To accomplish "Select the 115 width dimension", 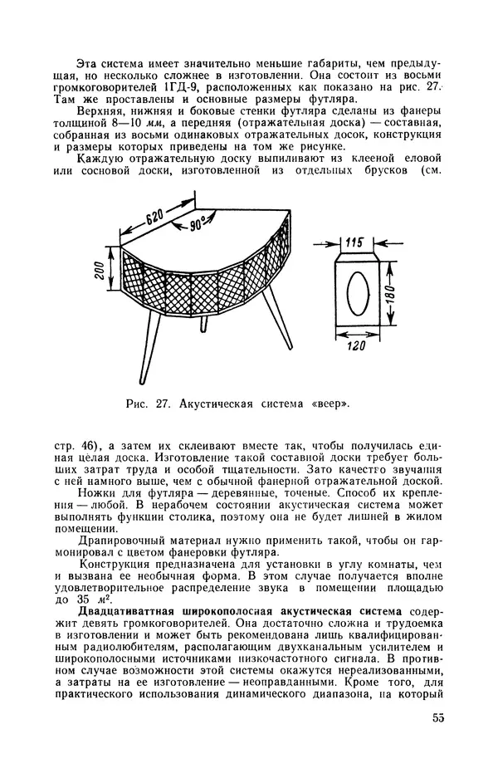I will point(354,242).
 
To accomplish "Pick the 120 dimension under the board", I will point(358,345).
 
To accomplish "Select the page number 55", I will point(437,718).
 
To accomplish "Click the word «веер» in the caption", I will point(329,405).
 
